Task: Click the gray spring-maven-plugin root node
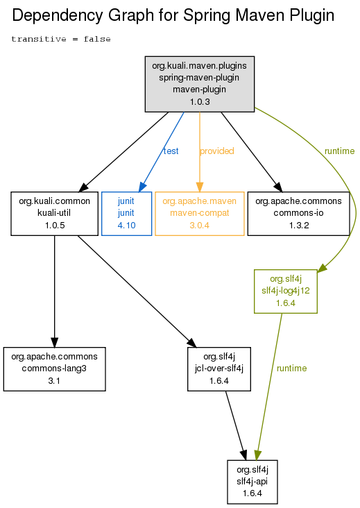200,84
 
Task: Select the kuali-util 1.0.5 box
54,214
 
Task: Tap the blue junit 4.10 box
126,214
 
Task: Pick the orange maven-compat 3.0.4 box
200,214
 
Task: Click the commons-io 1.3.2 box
298,214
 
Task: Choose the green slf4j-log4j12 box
286,291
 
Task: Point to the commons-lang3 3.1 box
54,369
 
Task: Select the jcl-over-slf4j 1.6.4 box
219,369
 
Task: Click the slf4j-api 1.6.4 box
252,482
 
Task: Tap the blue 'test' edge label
171,151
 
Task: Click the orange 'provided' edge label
217,151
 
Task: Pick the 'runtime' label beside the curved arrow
340,151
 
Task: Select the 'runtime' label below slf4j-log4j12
292,368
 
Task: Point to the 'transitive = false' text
61,39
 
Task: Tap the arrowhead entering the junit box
142,187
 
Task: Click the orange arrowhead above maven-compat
200,187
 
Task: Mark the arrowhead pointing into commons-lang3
54,342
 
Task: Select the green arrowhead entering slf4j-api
257,455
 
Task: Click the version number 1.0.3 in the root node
200,102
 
